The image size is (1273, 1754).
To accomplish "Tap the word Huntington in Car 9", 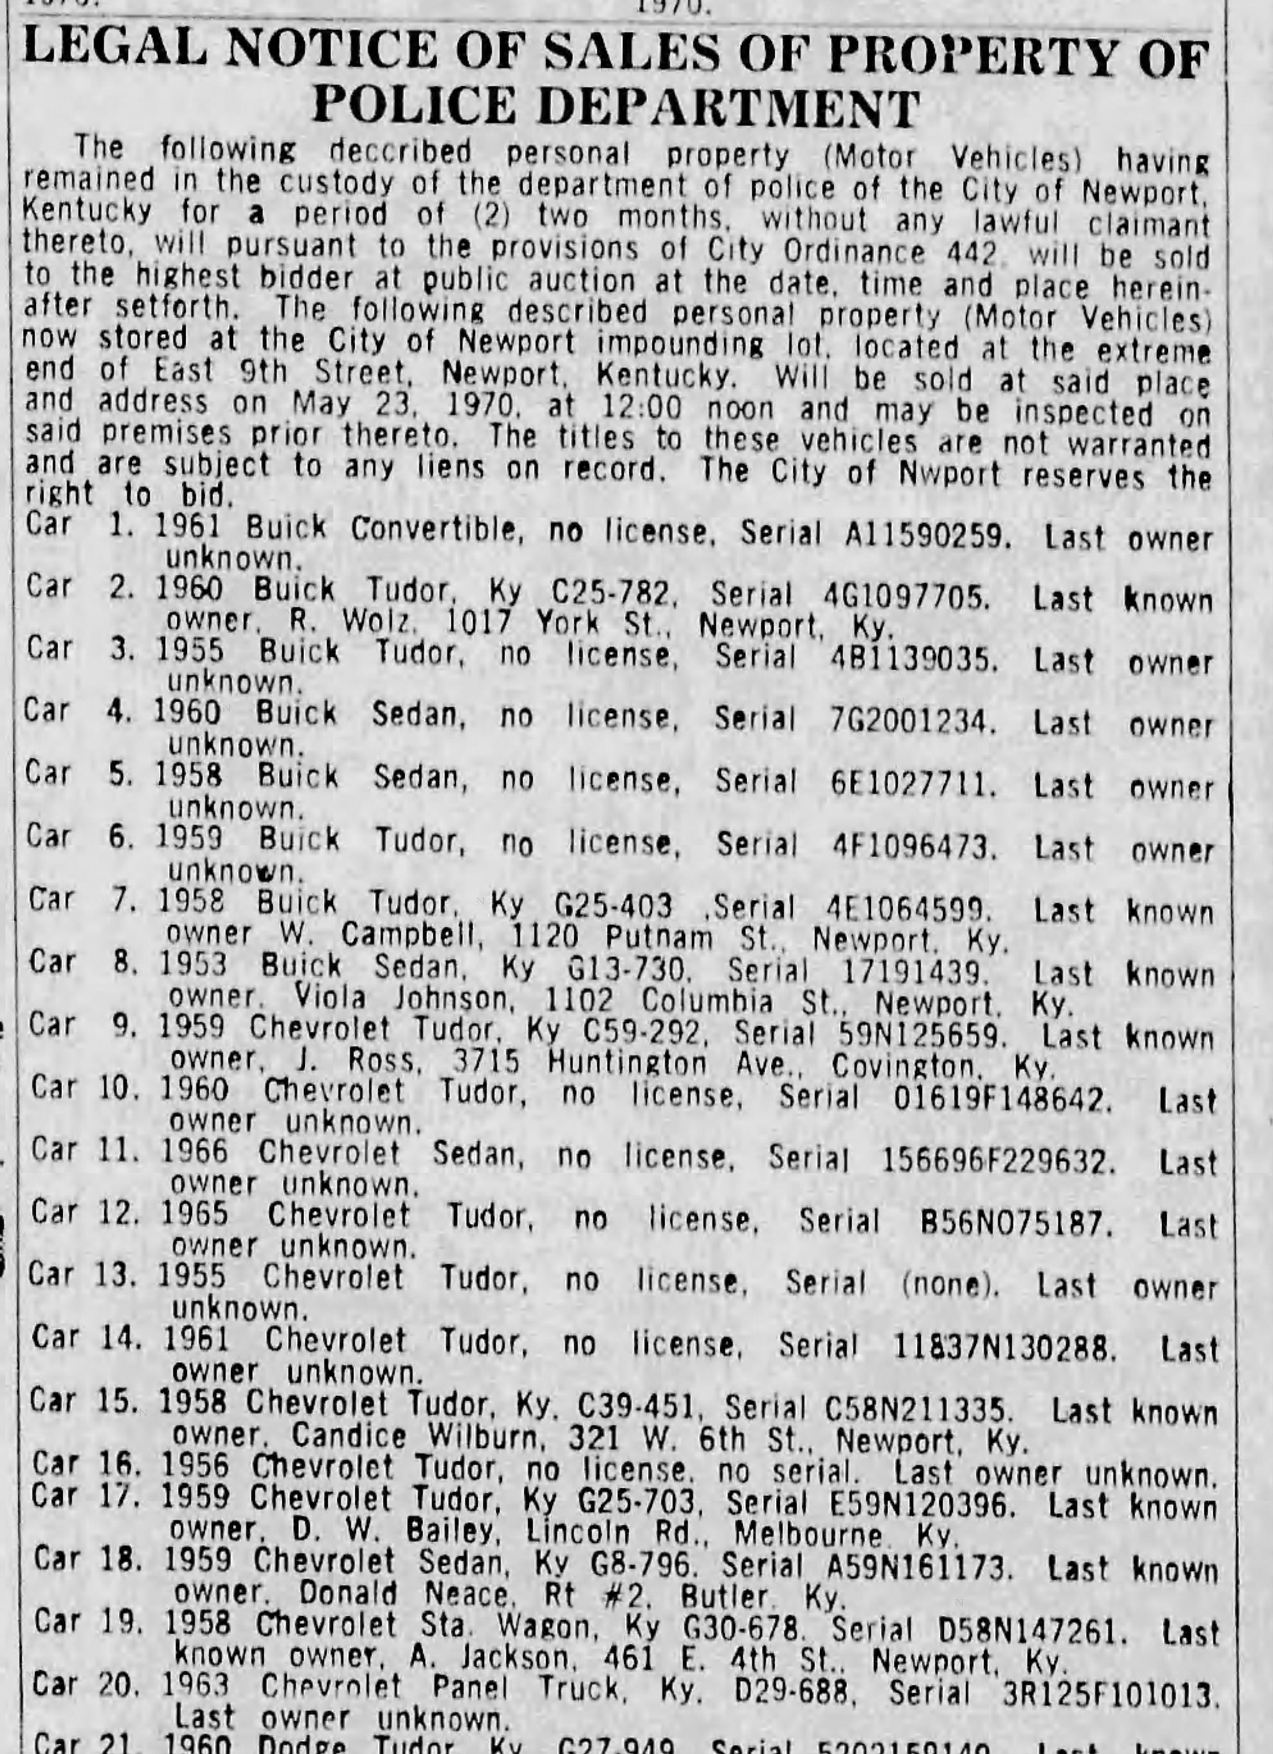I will tap(626, 1064).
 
